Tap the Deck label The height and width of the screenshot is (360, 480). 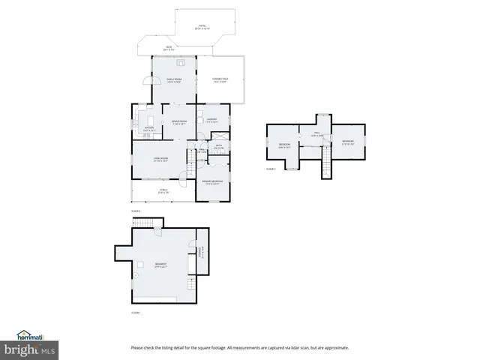tap(169, 49)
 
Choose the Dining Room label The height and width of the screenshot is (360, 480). tap(178, 121)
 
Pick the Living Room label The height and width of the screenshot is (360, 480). tap(160, 159)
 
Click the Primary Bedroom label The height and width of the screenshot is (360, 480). tap(213, 182)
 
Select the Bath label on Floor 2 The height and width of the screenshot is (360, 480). tap(219, 146)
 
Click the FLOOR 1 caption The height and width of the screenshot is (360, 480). tap(136, 312)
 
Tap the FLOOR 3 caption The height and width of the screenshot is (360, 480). tap(271, 169)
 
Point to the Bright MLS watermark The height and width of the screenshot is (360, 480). tap(30, 350)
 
